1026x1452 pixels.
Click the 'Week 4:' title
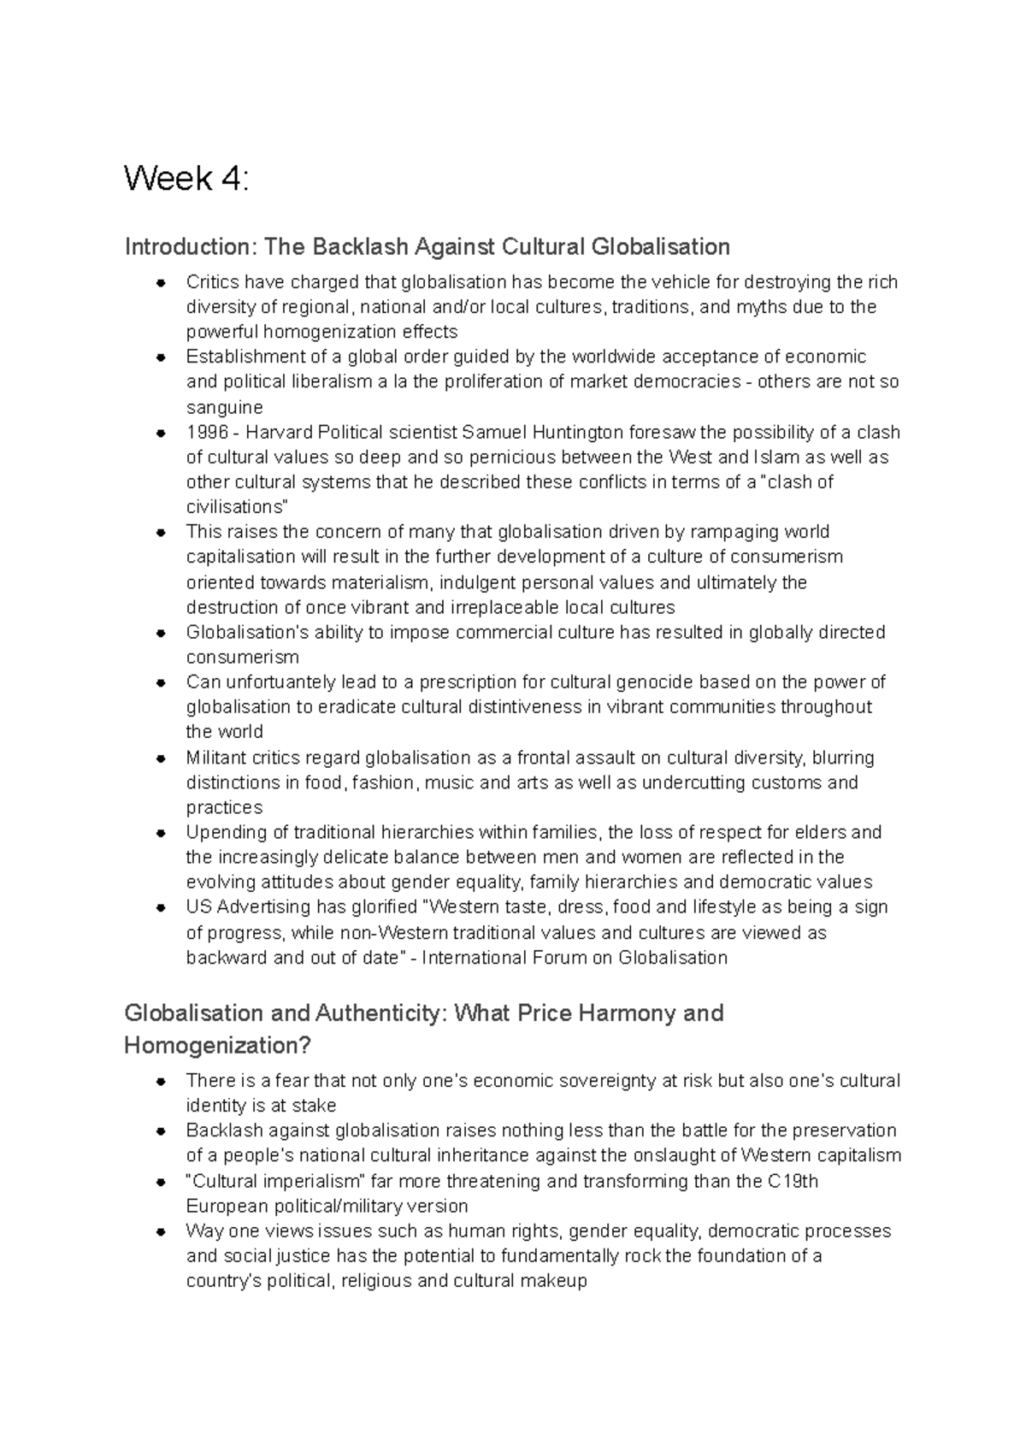point(186,179)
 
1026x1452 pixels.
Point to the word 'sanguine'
point(224,407)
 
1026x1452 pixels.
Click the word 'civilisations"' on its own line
point(236,506)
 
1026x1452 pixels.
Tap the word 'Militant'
point(216,758)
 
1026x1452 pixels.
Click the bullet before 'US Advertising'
point(160,907)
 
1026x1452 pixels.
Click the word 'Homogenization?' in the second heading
point(218,1045)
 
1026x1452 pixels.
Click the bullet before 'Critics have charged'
point(160,282)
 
